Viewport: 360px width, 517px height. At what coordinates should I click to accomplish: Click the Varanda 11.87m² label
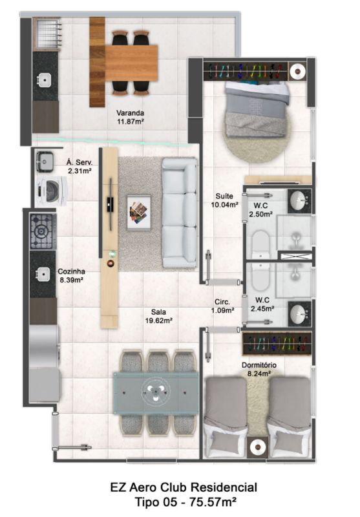(x=130, y=117)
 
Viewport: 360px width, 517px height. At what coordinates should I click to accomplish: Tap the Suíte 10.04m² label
(x=225, y=200)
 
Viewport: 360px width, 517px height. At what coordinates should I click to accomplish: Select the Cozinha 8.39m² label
(x=71, y=276)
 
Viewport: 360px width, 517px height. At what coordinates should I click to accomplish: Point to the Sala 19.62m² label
(x=158, y=316)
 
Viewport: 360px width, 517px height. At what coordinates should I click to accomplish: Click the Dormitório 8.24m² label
(x=259, y=369)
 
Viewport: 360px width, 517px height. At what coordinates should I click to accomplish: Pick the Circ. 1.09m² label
(x=222, y=306)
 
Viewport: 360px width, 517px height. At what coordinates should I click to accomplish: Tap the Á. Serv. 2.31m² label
(x=79, y=166)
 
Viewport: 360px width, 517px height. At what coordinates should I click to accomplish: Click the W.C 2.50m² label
(x=260, y=209)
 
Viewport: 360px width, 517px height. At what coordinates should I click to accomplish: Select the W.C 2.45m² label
(x=262, y=304)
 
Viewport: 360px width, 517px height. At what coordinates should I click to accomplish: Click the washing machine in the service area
(x=51, y=191)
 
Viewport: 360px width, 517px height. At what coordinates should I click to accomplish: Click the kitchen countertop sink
(x=43, y=274)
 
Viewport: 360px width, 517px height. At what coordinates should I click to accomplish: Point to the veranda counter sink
(x=44, y=79)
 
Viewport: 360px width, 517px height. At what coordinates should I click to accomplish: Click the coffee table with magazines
(x=139, y=213)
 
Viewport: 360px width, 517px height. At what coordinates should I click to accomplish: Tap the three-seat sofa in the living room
(x=180, y=213)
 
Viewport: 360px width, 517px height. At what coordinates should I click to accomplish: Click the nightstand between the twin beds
(x=258, y=447)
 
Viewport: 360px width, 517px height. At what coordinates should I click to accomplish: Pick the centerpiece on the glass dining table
(x=156, y=392)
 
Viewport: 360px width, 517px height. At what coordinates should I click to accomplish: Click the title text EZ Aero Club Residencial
(x=184, y=487)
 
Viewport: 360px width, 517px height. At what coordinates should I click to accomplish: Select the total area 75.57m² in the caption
(x=213, y=502)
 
